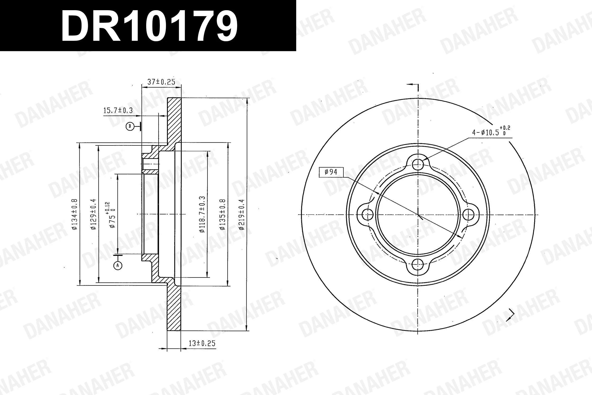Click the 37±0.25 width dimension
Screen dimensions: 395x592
click(161, 82)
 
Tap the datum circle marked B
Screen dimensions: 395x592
click(130, 126)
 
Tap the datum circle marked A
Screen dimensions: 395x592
click(118, 266)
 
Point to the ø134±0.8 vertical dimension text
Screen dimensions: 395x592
click(75, 214)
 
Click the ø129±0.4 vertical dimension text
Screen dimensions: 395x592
click(93, 214)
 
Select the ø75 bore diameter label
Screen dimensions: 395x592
click(112, 215)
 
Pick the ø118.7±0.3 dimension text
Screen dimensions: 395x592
click(202, 214)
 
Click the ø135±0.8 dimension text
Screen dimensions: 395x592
click(223, 214)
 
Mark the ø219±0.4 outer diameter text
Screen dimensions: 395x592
click(242, 214)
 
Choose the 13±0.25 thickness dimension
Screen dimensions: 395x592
click(202, 343)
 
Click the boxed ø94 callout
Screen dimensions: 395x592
click(331, 172)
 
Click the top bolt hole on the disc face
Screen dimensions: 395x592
click(418, 165)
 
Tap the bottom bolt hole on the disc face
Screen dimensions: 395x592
click(418, 264)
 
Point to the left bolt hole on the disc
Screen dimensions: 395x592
click(368, 215)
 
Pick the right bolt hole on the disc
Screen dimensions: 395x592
click(468, 215)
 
